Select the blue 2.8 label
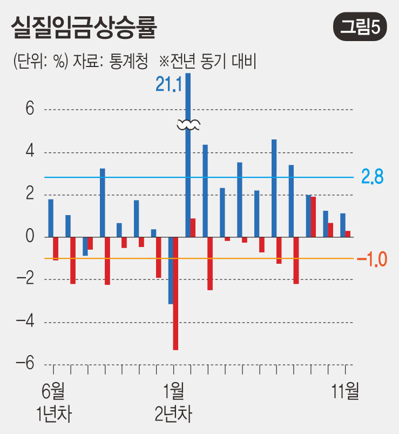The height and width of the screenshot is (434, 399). [373, 177]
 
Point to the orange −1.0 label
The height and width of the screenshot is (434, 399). [372, 259]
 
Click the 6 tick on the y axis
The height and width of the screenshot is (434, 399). [30, 109]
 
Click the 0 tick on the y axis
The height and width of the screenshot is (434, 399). [30, 237]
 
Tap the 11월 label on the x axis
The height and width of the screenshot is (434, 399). [345, 390]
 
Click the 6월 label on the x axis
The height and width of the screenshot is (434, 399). [53, 390]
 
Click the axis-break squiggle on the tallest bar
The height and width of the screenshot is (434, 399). [188, 125]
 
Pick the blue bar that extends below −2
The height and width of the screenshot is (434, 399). [171, 270]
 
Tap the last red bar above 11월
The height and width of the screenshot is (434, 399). [348, 234]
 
